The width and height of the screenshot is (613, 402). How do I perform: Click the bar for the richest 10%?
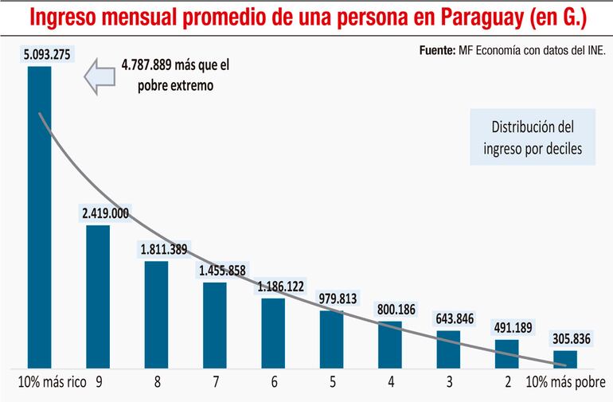(40, 215)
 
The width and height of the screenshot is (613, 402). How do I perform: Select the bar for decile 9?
(98, 295)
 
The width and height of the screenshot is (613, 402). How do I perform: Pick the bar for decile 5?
(332, 338)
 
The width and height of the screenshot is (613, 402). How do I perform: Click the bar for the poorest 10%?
(565, 357)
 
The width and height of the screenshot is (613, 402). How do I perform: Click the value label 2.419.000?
(105, 213)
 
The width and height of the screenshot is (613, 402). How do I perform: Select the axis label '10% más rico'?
(52, 381)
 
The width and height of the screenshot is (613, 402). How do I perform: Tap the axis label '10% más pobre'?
(567, 381)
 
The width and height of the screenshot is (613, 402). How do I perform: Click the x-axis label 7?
(215, 381)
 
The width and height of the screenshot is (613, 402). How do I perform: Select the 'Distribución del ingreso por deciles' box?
(532, 138)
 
